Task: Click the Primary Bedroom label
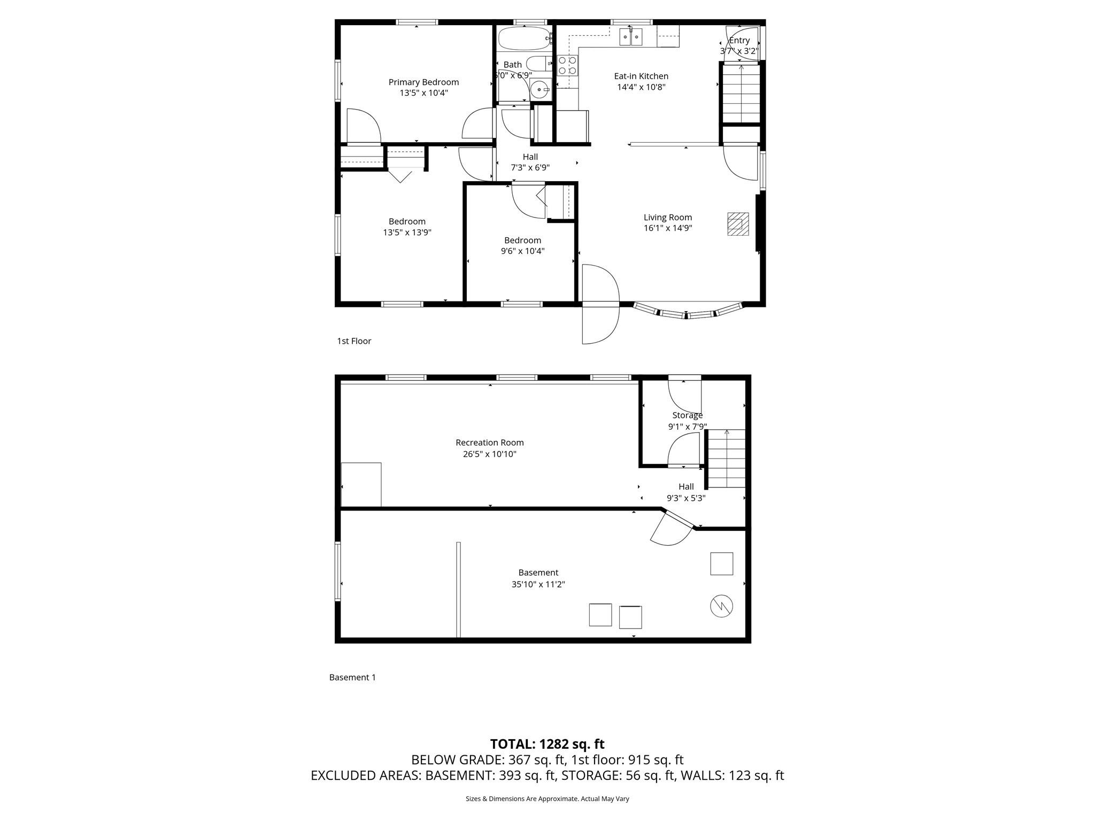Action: point(423,82)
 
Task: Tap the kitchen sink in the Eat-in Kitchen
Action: point(630,37)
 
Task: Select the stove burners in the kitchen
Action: point(567,65)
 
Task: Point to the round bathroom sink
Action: point(541,90)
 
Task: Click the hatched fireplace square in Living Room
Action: point(738,224)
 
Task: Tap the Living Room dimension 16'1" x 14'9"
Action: point(668,228)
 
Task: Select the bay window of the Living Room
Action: point(688,312)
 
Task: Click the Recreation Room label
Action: point(489,443)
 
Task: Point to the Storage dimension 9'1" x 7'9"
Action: point(688,427)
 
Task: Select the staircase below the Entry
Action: point(741,94)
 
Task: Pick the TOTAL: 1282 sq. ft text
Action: point(547,744)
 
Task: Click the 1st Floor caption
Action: point(353,341)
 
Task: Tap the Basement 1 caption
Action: point(352,677)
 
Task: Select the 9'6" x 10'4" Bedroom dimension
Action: point(522,251)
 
